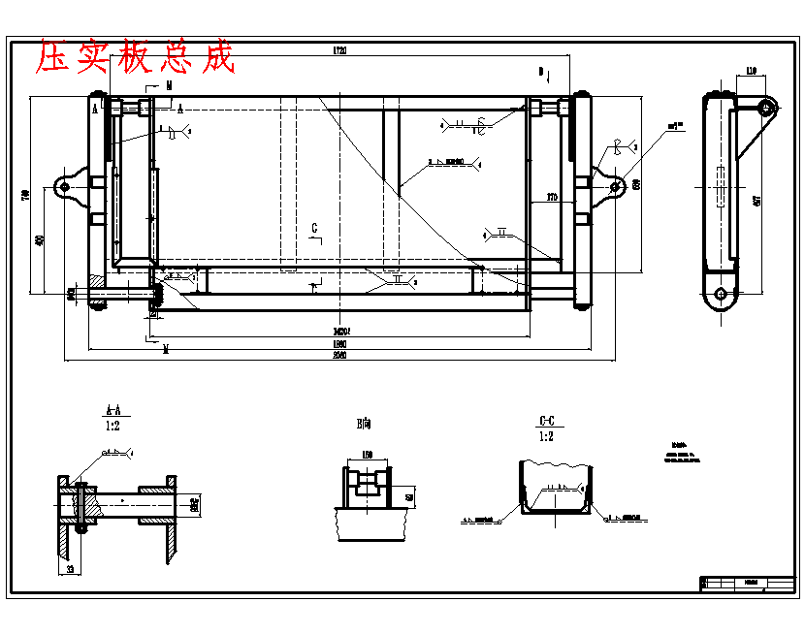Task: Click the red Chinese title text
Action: (136, 57)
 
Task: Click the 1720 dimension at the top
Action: (339, 49)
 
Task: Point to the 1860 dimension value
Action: (339, 344)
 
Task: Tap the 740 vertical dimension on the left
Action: (26, 194)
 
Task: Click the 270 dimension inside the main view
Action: (552, 199)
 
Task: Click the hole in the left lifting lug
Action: (64, 186)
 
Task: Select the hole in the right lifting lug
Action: (614, 185)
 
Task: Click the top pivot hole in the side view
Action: (765, 106)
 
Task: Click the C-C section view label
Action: (547, 422)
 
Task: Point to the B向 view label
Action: (364, 423)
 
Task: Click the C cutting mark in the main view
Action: (314, 228)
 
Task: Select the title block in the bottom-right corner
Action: (748, 584)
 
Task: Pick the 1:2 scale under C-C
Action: (547, 435)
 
